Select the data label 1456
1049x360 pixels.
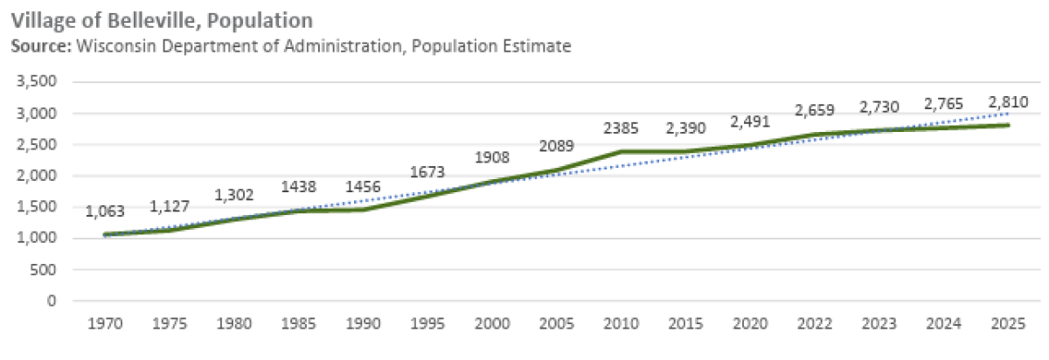coord(364,188)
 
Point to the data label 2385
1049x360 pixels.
coord(620,129)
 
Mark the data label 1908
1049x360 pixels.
coord(492,158)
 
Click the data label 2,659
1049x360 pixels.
coord(815,111)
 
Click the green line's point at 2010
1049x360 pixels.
coord(620,151)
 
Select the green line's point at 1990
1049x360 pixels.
coord(364,210)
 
